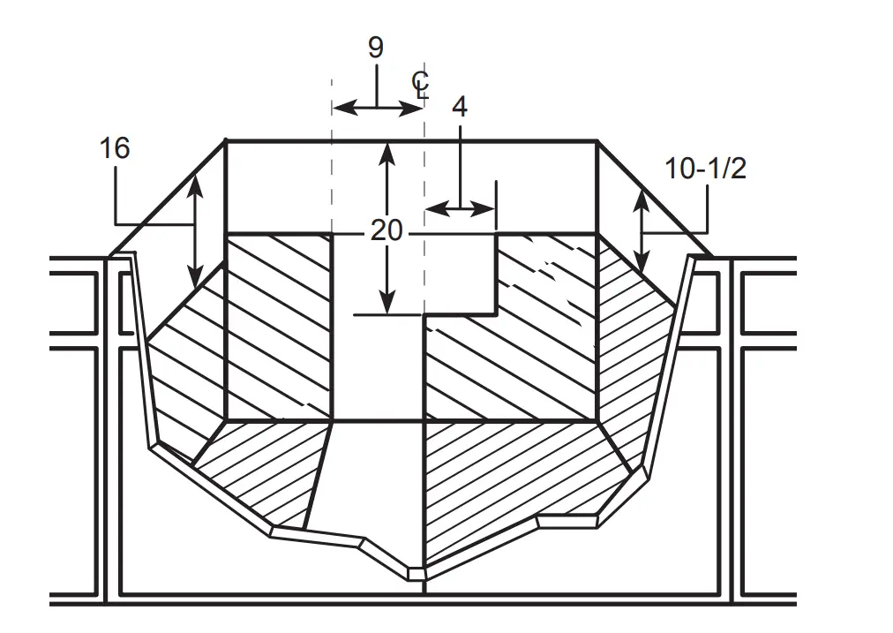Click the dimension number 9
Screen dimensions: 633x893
(x=376, y=48)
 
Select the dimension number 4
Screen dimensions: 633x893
(x=459, y=107)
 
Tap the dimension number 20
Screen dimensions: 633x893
(x=386, y=231)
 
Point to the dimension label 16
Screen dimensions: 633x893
(x=115, y=148)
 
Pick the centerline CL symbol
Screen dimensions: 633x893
(x=421, y=84)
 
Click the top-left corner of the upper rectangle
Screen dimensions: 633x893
(x=227, y=140)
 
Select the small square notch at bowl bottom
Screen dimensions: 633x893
(x=416, y=573)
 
